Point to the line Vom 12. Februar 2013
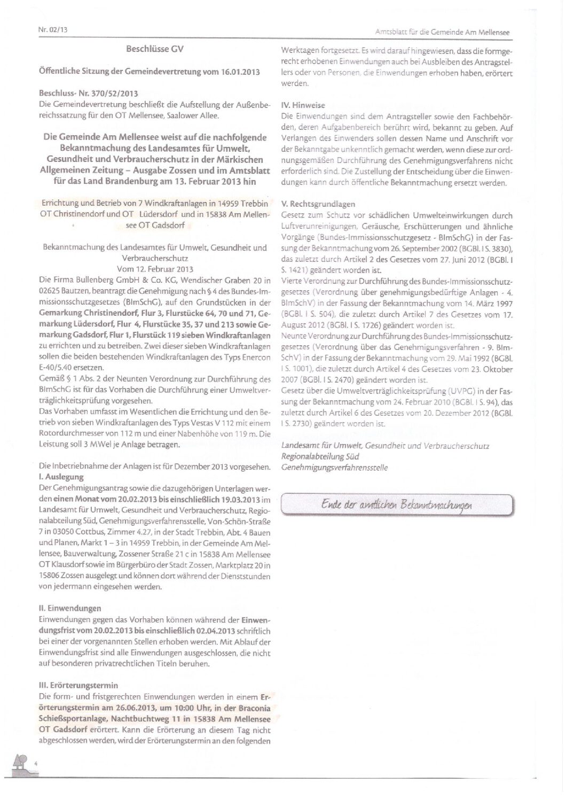click(x=155, y=269)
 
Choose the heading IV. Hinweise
click(x=303, y=105)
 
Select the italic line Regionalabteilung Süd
click(x=320, y=456)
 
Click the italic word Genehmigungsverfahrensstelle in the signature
click(x=335, y=468)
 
